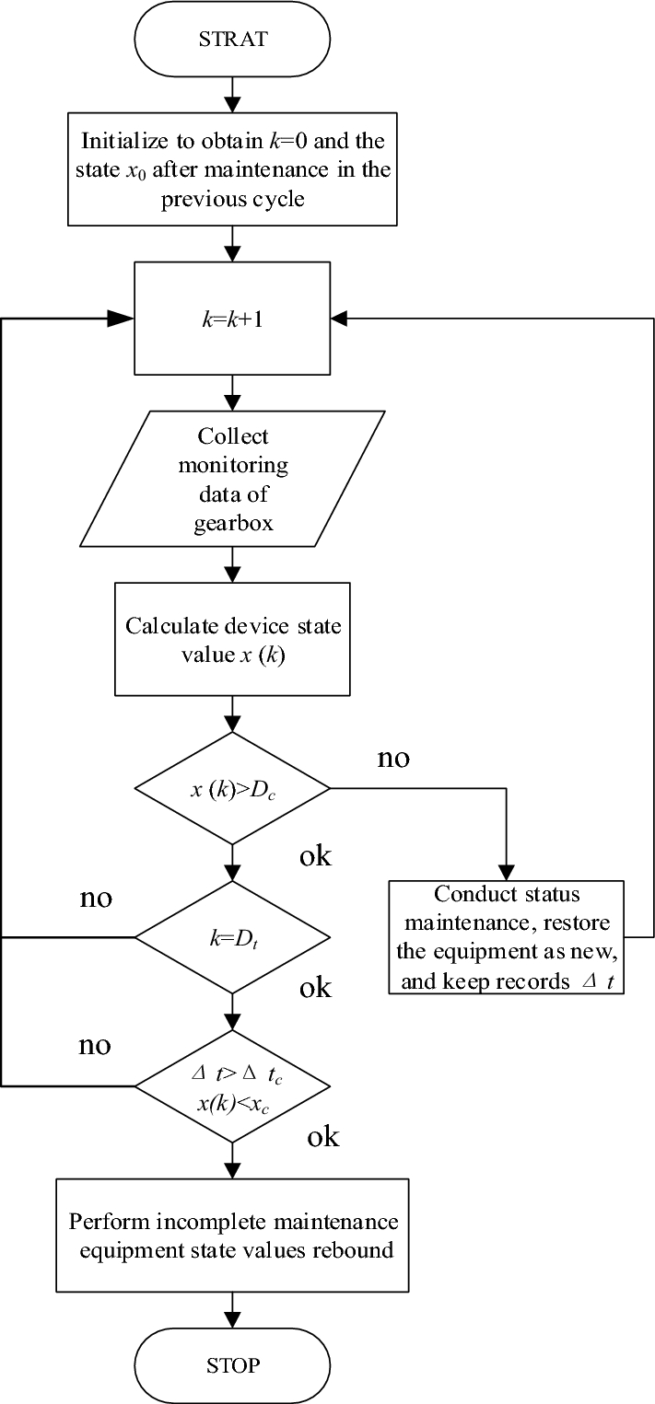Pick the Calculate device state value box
point(232,638)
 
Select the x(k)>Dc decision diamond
point(232,788)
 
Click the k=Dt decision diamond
point(232,937)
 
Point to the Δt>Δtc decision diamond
point(232,1086)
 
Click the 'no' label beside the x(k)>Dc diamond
point(393,760)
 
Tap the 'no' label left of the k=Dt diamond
point(96,898)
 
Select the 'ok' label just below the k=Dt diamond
point(315,988)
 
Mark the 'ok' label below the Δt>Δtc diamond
point(322,1137)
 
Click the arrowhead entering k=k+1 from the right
point(339,319)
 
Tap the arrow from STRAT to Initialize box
point(232,93)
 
